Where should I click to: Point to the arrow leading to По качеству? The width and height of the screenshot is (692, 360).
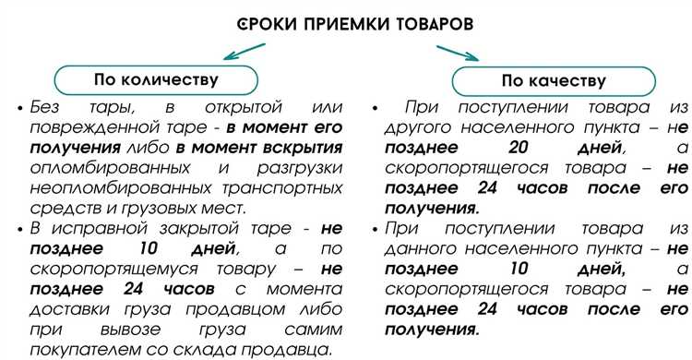coord(459,56)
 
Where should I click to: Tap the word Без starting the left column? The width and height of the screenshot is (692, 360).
coord(48,107)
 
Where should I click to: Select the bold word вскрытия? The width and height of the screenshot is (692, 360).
coord(280,148)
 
